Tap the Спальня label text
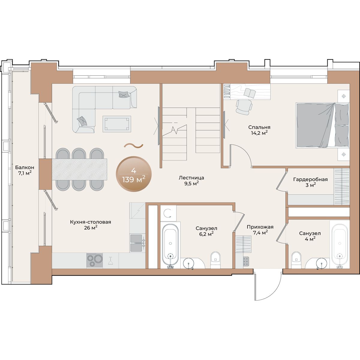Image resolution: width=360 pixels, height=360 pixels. pos(259,127)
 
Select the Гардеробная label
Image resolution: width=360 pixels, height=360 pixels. pos(310,179)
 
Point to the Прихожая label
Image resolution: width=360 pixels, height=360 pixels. pos(260,227)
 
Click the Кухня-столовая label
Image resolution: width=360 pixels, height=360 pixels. pos(91,222)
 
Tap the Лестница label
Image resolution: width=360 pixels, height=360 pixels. pos(191,178)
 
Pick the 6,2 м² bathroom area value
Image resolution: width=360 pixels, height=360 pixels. pos(206,234)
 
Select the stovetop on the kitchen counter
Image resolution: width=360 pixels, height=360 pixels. pos(94,260)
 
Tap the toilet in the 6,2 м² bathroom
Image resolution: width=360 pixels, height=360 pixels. pos(215,260)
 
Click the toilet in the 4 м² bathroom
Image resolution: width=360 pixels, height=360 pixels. pos(296,260)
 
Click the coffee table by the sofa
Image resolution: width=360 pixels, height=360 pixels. pos(117,124)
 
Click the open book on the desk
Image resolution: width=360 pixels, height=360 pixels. pos(250,92)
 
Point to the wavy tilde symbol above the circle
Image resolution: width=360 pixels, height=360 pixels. pos(133,146)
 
